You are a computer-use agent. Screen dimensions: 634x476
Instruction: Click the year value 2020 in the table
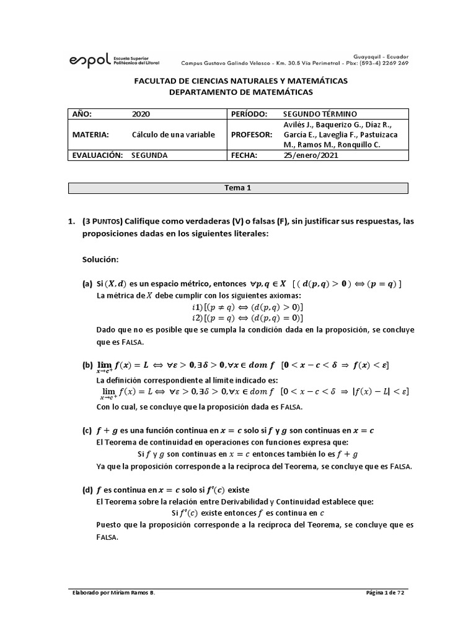click(x=141, y=114)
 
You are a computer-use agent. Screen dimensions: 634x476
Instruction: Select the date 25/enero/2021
click(x=311, y=156)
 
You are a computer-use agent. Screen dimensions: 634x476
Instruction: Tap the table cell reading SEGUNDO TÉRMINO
click(x=319, y=114)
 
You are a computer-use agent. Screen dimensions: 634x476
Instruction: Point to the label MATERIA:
click(x=90, y=135)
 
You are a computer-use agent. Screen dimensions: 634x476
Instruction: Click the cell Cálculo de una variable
click(x=173, y=135)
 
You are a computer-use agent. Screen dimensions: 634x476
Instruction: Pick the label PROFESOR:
click(x=252, y=135)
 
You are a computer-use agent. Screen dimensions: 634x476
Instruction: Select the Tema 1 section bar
click(x=238, y=188)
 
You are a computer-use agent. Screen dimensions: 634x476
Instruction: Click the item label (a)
click(x=87, y=284)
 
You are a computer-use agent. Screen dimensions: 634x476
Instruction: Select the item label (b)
click(x=87, y=365)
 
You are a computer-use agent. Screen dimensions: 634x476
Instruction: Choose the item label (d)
click(x=87, y=490)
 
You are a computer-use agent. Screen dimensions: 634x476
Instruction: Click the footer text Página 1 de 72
click(x=385, y=593)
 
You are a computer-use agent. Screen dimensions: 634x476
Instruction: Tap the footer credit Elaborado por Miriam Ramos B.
click(x=114, y=593)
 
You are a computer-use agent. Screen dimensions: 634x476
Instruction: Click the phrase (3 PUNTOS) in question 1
click(x=102, y=222)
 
